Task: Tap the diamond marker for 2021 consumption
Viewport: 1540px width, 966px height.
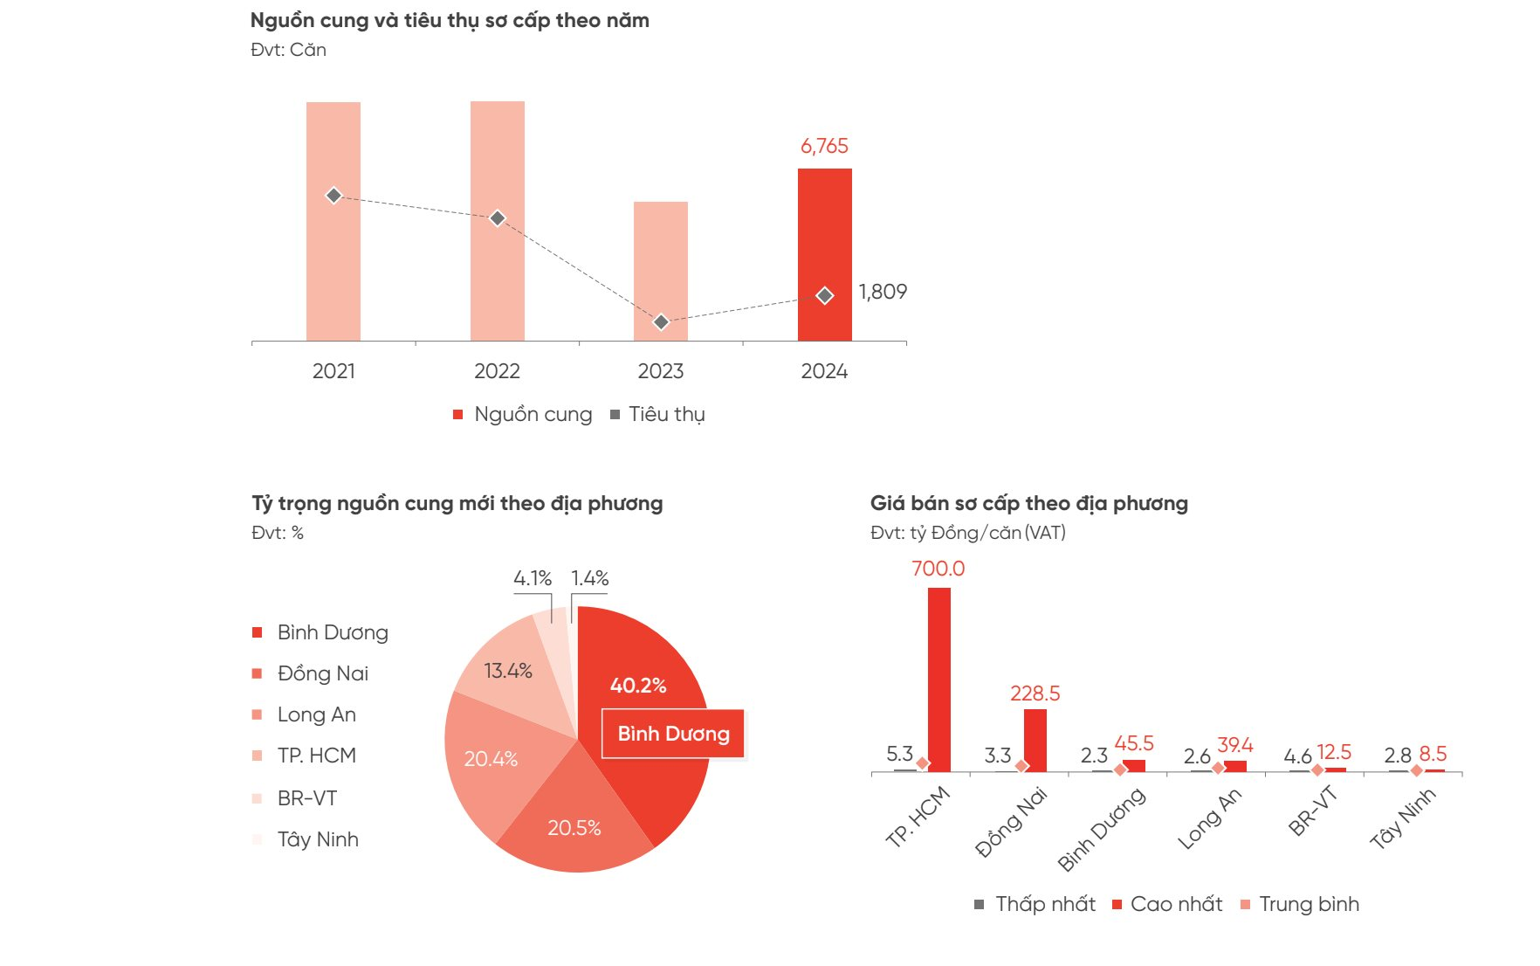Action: tap(333, 196)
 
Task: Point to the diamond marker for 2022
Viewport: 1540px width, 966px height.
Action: tap(497, 218)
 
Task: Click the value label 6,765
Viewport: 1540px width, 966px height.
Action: tap(824, 146)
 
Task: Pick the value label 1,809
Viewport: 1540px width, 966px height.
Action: tap(883, 292)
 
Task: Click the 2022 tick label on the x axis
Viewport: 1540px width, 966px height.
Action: tap(497, 371)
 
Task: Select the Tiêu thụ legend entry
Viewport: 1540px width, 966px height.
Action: tap(658, 415)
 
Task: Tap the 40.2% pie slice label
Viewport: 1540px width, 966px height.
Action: tap(638, 686)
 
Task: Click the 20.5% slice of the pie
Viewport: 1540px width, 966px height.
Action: tap(574, 828)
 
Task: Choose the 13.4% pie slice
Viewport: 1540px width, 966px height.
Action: tap(508, 671)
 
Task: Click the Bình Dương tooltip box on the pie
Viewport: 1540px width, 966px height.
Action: tap(673, 734)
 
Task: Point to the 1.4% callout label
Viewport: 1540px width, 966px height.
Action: tap(590, 578)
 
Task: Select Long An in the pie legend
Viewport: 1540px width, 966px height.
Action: tap(316, 714)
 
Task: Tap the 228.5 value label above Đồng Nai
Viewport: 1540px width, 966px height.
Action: tap(1035, 693)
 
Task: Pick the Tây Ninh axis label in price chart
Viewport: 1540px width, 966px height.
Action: tap(1402, 819)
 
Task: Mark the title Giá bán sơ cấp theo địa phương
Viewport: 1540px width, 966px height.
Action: tap(1028, 503)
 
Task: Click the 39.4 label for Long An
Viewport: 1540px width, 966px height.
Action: tap(1234, 745)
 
